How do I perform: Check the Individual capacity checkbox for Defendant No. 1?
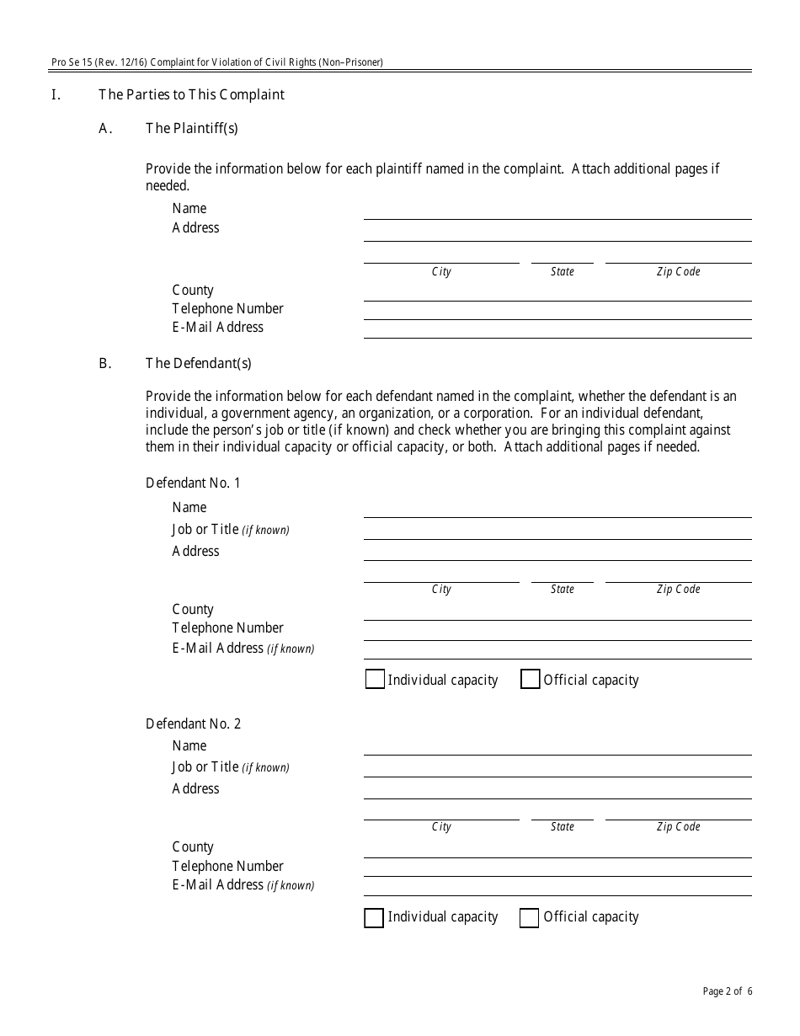tap(375, 680)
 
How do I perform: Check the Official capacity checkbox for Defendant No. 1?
tap(530, 680)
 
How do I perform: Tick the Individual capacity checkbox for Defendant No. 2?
tap(374, 917)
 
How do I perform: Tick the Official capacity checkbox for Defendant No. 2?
tap(529, 917)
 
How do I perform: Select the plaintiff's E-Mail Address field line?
tap(557, 329)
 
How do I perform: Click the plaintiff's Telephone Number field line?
tap(557, 311)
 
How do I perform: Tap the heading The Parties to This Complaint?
tap(191, 94)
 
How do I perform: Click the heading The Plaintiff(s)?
tap(191, 128)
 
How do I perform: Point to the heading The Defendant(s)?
tap(198, 364)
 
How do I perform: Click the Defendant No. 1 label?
tap(193, 483)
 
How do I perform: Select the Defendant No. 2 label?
tap(193, 724)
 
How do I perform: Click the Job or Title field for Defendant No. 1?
tap(557, 531)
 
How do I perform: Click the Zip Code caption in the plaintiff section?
tap(678, 272)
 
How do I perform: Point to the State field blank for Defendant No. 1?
tap(562, 574)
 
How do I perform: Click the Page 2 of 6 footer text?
tap(728, 991)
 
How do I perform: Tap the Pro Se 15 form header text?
tap(216, 62)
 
